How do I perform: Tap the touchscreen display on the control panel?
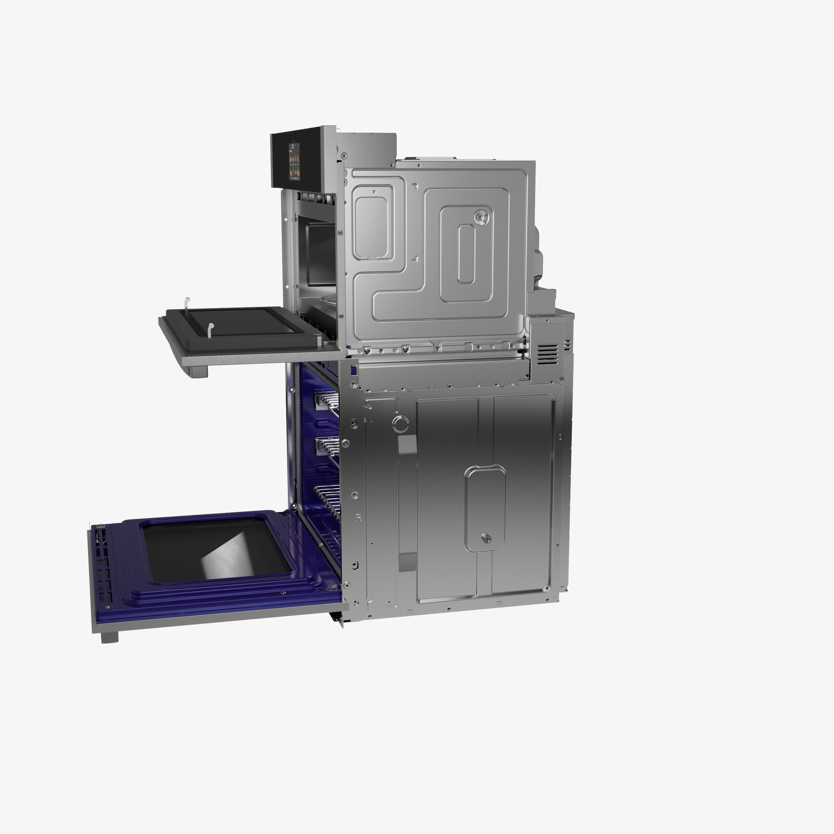(295, 160)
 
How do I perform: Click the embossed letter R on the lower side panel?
(358, 518)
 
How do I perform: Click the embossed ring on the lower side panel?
(401, 424)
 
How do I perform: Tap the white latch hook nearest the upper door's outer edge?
(187, 303)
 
